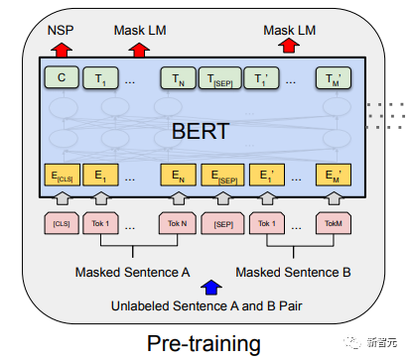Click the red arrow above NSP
[x=62, y=47]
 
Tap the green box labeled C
[x=62, y=76]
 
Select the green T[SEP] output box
[x=221, y=76]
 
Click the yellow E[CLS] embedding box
[x=62, y=176]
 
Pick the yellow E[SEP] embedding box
[x=221, y=176]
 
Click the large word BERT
[x=199, y=130]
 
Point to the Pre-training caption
[x=204, y=342]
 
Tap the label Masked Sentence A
[x=132, y=271]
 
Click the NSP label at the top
[x=62, y=30]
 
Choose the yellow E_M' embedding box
[x=333, y=176]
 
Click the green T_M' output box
[x=333, y=76]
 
